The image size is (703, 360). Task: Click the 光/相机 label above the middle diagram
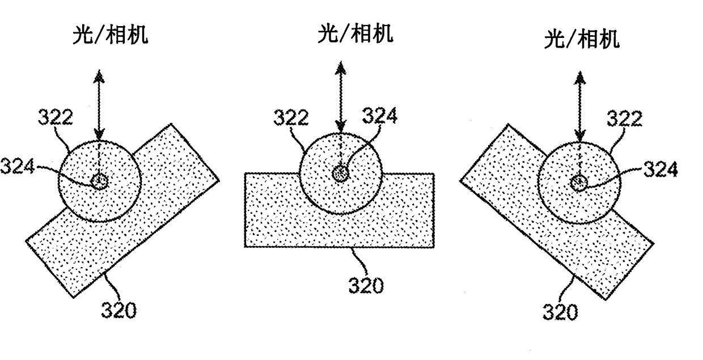[x=355, y=33]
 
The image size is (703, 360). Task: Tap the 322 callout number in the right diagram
[x=624, y=119]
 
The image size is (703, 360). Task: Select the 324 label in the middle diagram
[x=380, y=116]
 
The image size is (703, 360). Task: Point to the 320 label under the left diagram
[x=119, y=310]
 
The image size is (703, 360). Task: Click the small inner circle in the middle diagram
[x=340, y=173]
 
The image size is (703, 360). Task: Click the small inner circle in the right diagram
[x=579, y=183]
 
